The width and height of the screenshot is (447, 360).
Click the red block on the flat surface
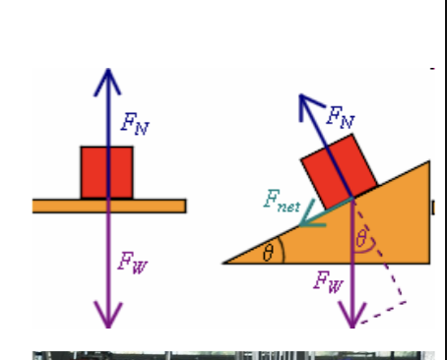[x=106, y=172]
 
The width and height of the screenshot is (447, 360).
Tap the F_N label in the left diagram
[x=135, y=123]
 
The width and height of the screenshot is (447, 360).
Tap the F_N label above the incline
[x=340, y=119]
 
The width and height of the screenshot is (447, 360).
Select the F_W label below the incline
[x=329, y=282]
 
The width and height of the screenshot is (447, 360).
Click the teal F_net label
[x=281, y=202]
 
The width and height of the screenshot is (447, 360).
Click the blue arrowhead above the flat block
[x=107, y=75]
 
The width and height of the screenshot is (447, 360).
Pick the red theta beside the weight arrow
[x=361, y=239]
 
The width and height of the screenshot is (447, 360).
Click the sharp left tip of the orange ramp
[x=226, y=263]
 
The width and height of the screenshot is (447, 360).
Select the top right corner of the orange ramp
[x=427, y=162]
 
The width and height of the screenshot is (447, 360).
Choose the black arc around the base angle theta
[x=282, y=252]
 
